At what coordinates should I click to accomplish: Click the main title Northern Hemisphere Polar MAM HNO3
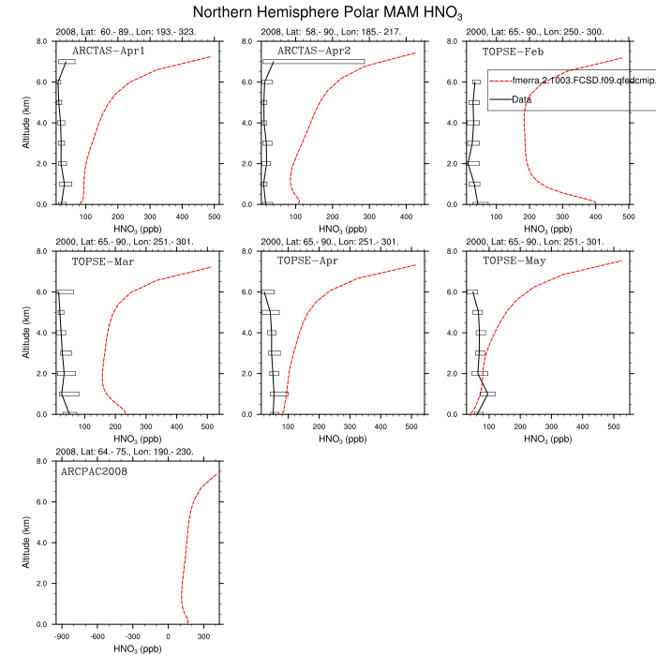tap(328, 13)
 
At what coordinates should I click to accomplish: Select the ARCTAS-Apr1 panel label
tap(109, 52)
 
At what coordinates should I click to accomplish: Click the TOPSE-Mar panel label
tap(103, 261)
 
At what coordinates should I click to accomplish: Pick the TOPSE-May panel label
tap(514, 261)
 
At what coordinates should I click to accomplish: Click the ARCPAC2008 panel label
tap(95, 471)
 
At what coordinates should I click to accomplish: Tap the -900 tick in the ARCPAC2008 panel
tap(64, 634)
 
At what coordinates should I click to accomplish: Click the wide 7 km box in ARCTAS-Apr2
tap(313, 62)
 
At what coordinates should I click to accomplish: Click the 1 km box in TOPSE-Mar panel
tap(69, 394)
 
